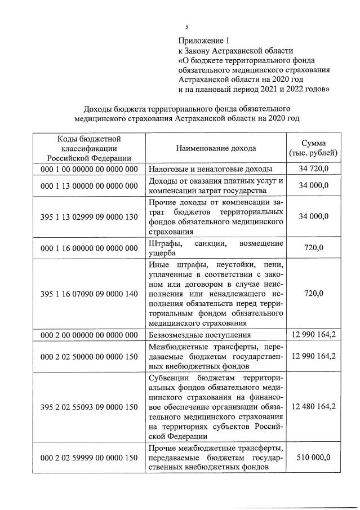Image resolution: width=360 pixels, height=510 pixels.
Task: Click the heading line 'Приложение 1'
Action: click(205, 41)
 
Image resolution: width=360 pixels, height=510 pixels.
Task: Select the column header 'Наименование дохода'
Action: click(216, 148)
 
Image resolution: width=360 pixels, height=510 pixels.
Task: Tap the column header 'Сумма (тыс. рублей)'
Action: click(313, 148)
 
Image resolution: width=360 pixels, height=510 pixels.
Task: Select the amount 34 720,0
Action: click(313, 168)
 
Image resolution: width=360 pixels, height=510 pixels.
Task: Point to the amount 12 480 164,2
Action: click(313, 407)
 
